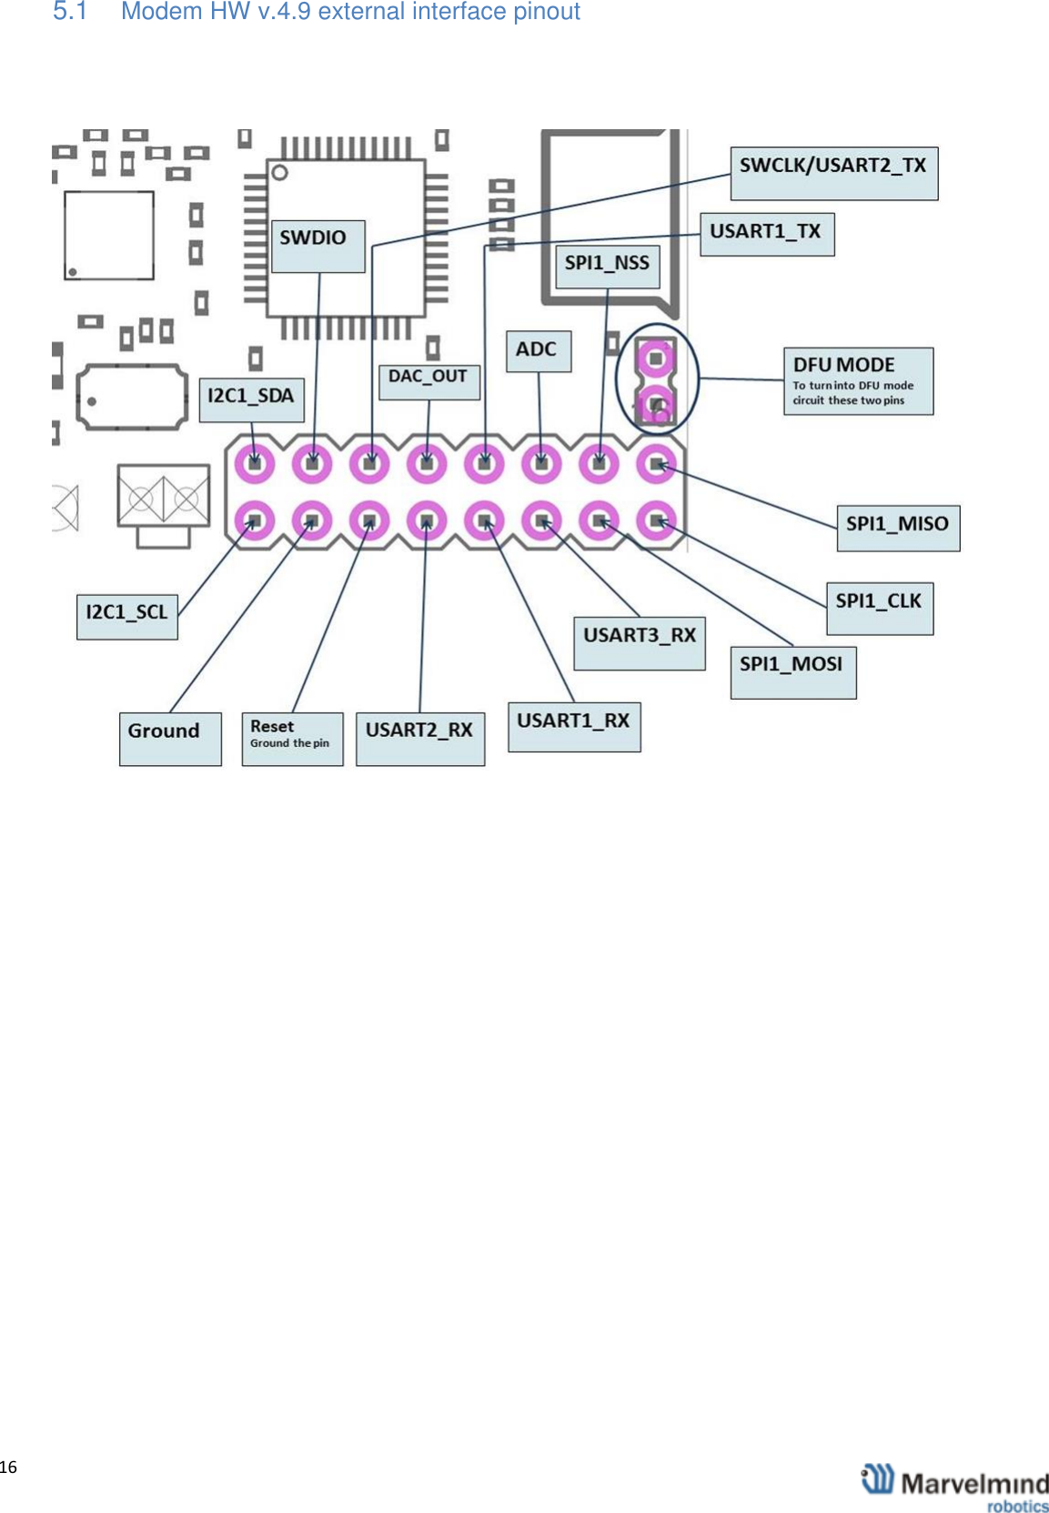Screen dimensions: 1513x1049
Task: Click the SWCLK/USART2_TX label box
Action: (x=833, y=173)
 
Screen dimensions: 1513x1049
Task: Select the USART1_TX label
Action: (x=766, y=234)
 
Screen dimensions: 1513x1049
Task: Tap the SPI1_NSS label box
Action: (x=607, y=266)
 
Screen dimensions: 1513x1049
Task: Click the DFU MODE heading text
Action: (x=843, y=365)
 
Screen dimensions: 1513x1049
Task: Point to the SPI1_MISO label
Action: (x=897, y=527)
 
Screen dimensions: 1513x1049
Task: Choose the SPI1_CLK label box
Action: (x=879, y=608)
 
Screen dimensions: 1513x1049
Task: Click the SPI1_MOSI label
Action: (x=792, y=671)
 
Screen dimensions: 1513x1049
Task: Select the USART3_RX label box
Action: (x=639, y=642)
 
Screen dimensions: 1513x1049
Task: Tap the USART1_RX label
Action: (x=573, y=726)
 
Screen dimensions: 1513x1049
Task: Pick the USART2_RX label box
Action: (x=419, y=737)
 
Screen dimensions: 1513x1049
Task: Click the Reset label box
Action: (x=292, y=738)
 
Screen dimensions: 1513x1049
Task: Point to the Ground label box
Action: (x=170, y=738)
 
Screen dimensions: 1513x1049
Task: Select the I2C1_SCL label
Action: (x=126, y=616)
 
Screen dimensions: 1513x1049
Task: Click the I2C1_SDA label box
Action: (x=251, y=399)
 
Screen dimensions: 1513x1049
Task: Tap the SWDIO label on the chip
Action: (x=318, y=245)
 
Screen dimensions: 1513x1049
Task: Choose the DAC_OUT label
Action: (x=429, y=381)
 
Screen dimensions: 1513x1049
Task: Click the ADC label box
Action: (x=538, y=351)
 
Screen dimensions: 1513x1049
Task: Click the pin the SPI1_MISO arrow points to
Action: (x=656, y=465)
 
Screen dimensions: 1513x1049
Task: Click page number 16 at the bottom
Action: (x=8, y=1467)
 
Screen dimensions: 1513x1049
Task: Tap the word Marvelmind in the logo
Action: (x=974, y=1484)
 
